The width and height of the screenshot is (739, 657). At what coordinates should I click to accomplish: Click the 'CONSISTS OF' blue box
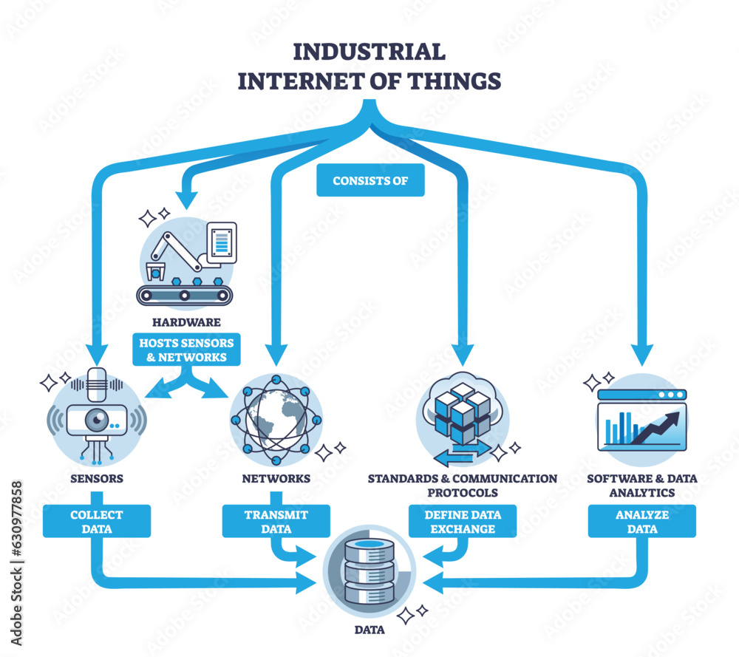click(x=370, y=180)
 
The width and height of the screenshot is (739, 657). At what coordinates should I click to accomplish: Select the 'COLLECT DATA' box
click(x=97, y=521)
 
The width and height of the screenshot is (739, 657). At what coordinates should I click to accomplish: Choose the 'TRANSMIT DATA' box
click(x=276, y=521)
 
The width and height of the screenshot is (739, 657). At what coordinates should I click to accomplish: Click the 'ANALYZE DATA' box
click(x=641, y=521)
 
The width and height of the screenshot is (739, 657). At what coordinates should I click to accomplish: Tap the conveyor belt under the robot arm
click(x=185, y=296)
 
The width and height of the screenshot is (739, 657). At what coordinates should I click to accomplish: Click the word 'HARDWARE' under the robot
click(x=185, y=322)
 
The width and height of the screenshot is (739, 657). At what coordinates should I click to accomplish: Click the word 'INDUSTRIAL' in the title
click(x=369, y=52)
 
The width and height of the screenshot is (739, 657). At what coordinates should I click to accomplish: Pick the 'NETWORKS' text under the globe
click(x=276, y=479)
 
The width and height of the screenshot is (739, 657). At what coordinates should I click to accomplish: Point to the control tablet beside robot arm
click(x=222, y=242)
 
